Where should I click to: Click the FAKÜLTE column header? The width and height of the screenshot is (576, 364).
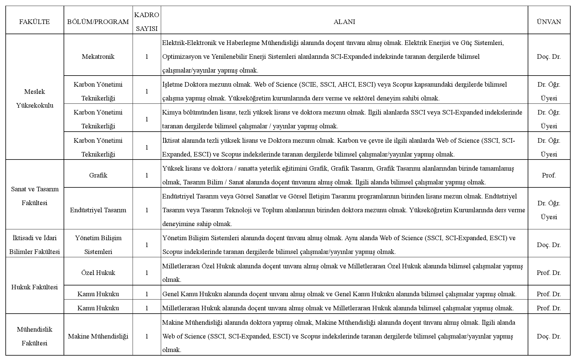pos(34,22)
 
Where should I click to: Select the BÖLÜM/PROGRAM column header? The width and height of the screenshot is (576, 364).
pos(98,22)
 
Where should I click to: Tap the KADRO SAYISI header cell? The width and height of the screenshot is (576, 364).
pos(147,22)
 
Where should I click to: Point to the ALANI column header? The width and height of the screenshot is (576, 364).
pos(344,22)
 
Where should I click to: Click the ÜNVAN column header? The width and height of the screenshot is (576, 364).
pos(549,22)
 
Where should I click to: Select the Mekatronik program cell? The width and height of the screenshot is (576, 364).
pos(98,57)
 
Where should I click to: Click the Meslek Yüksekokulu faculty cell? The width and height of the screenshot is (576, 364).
pos(34,98)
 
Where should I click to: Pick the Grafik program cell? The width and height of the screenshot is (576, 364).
pos(98,175)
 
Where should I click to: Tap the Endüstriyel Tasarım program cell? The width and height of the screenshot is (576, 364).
pos(98,210)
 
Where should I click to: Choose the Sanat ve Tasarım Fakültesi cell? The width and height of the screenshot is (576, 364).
pos(34,196)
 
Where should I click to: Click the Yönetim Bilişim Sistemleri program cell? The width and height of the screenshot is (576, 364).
pos(98,245)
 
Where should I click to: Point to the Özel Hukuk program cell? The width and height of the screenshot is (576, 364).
pos(98,273)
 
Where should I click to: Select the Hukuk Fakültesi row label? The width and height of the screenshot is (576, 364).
pos(34,287)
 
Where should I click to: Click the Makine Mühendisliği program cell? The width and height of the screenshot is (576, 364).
pos(98,336)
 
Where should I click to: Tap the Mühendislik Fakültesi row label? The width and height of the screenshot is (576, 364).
pos(34,336)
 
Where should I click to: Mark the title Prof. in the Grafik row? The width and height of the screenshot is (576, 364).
pos(549,175)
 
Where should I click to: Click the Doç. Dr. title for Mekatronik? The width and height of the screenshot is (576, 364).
pos(549,57)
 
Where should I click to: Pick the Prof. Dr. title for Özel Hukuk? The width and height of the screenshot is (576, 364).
pos(549,273)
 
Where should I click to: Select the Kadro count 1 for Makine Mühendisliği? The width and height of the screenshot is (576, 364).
pos(147,336)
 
